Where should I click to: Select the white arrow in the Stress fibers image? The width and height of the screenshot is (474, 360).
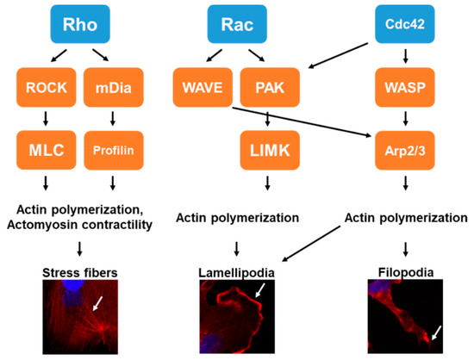coord(101,301)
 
